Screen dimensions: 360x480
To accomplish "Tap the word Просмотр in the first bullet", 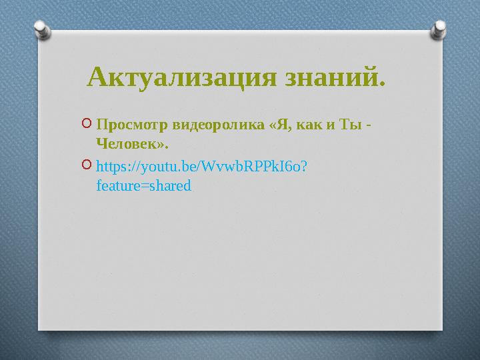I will pyautogui.click(x=131, y=125).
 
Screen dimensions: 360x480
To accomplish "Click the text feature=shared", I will pyautogui.click(x=143, y=185).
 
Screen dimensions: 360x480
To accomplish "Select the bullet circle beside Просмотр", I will pyautogui.click(x=88, y=123).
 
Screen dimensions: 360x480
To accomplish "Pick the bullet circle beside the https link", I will pyautogui.click(x=88, y=164).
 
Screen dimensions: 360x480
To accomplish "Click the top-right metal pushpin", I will pyautogui.click(x=441, y=29).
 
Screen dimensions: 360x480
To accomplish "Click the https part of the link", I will pyautogui.click(x=111, y=166).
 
